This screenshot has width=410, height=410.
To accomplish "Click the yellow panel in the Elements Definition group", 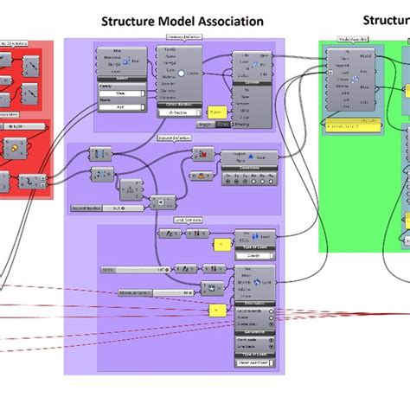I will [215, 112].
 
